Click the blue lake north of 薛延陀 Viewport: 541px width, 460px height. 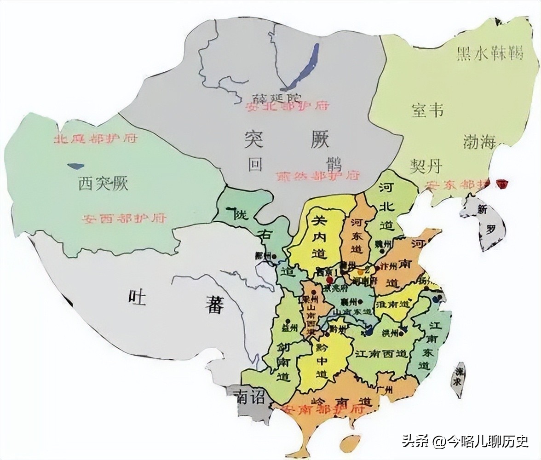click(301, 69)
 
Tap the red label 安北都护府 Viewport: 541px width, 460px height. click(288, 106)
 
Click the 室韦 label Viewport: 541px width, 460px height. click(427, 110)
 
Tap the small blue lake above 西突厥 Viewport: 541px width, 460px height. click(75, 166)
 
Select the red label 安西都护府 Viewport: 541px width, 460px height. click(124, 218)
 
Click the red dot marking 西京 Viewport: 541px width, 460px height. click(329, 279)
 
